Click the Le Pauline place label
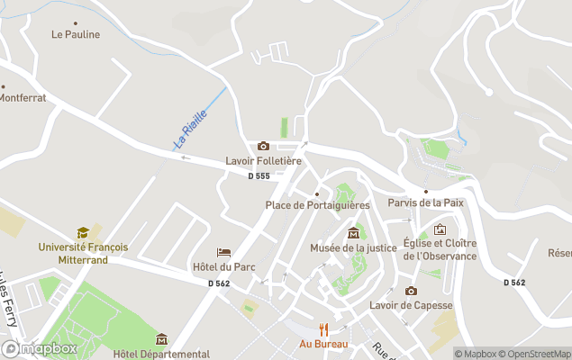[76, 35]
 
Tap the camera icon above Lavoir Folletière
[263, 146]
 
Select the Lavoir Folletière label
[262, 161]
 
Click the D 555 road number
[259, 175]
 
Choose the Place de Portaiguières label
[316, 205]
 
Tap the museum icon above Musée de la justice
[353, 233]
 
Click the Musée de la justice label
[353, 247]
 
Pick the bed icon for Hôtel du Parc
[224, 253]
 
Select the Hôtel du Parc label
[224, 267]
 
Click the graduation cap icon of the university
[83, 232]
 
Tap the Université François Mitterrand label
[83, 253]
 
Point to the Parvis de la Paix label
[425, 202]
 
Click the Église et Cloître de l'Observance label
[440, 249]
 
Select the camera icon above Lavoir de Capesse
[411, 291]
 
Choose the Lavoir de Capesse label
[411, 305]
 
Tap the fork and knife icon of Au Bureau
[323, 329]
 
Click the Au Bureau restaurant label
[323, 344]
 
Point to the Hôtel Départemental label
[161, 354]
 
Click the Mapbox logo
[40, 348]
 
